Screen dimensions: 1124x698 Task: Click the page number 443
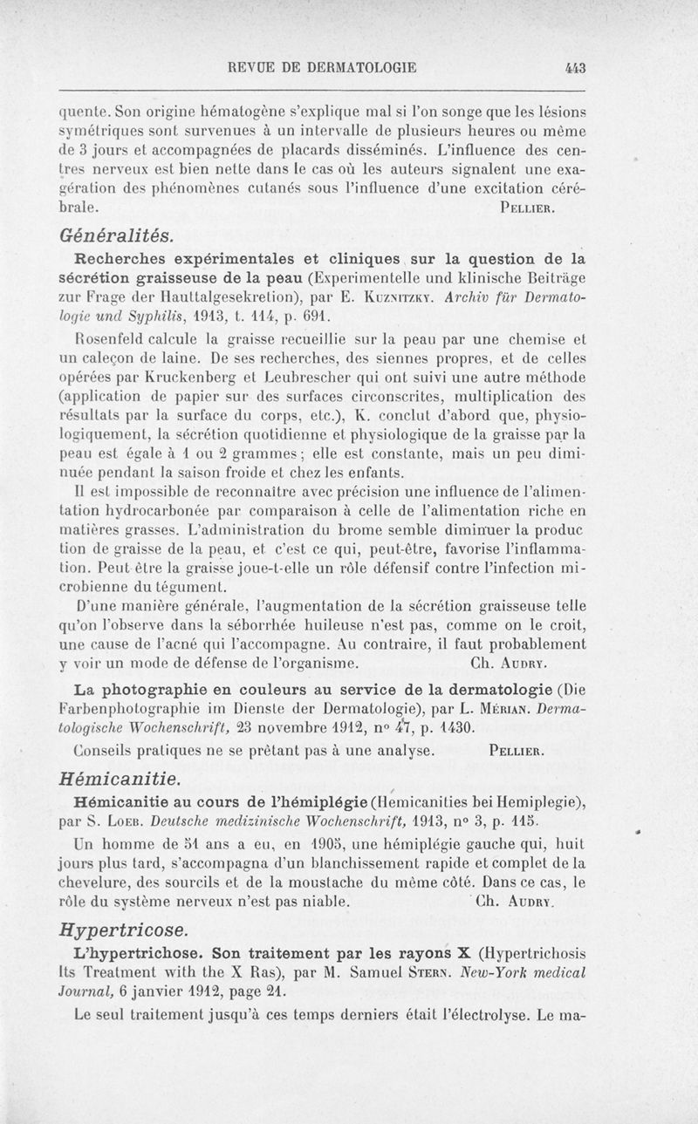click(x=574, y=66)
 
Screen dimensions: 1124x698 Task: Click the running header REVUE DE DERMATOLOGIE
click(x=321, y=66)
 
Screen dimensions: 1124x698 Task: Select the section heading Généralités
click(x=116, y=235)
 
